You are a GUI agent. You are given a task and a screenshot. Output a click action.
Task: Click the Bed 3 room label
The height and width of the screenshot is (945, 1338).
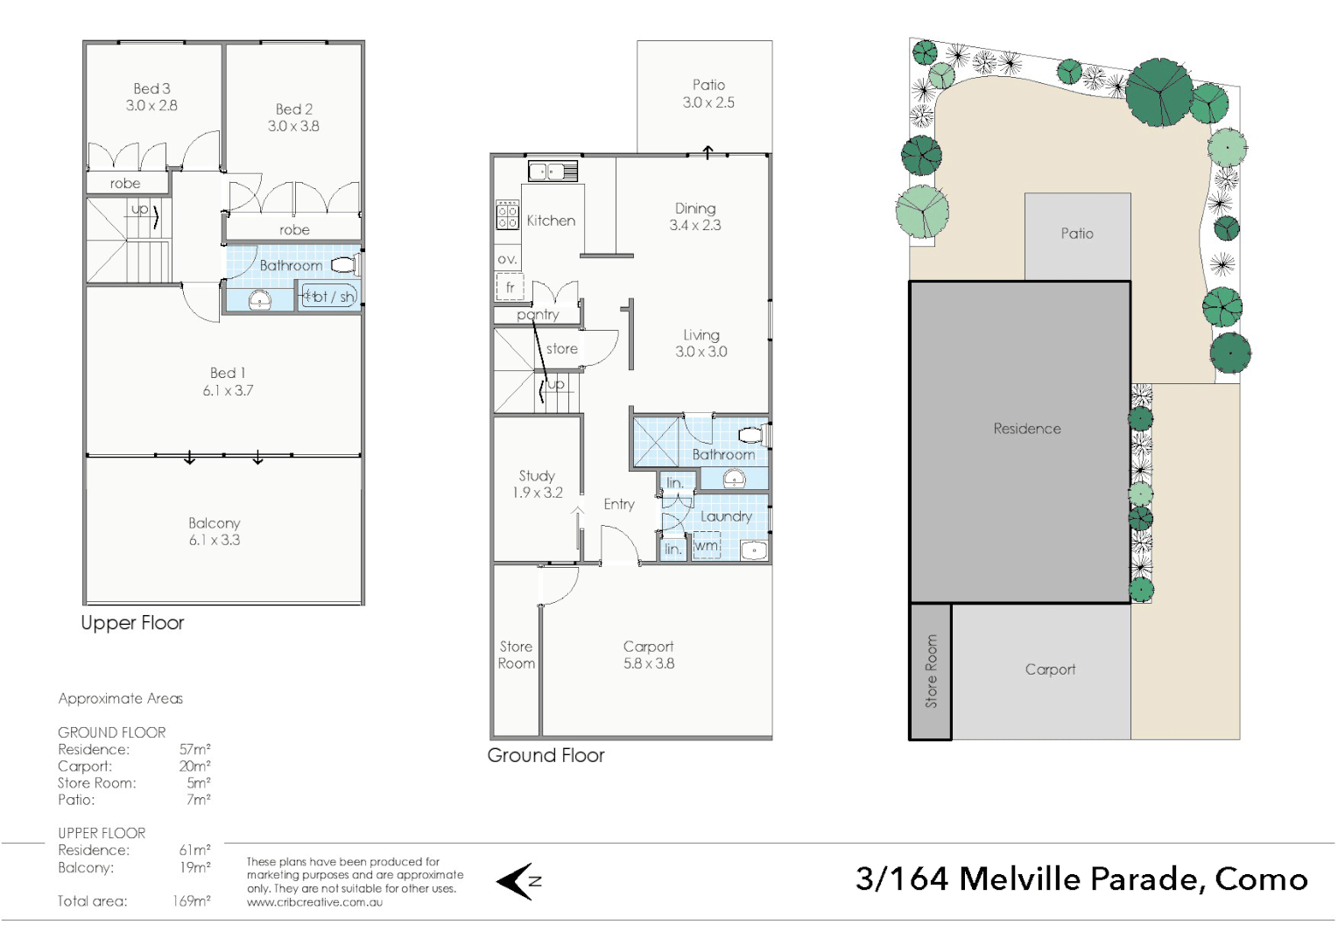151,88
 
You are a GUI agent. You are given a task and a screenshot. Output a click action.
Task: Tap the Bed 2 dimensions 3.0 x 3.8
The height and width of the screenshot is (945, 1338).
293,126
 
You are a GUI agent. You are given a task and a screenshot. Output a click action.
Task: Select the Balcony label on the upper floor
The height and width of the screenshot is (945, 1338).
214,523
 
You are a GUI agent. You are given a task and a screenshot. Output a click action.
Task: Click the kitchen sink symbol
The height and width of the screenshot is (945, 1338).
553,171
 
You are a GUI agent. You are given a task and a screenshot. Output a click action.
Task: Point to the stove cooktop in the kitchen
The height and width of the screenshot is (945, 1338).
507,214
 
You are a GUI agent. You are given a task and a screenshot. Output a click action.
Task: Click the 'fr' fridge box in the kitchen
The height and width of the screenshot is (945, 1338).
510,287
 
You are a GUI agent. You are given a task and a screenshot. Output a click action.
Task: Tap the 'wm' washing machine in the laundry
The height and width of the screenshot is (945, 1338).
706,547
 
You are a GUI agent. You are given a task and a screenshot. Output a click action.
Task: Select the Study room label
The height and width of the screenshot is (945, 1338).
537,476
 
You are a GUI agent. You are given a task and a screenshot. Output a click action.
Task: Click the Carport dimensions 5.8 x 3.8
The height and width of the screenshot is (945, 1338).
649,663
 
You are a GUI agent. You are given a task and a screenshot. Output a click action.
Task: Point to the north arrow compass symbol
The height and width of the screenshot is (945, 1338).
520,881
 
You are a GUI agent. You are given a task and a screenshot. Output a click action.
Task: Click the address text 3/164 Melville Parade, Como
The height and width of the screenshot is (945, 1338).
1081,878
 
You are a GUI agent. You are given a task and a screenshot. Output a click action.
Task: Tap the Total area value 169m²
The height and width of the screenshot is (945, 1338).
191,901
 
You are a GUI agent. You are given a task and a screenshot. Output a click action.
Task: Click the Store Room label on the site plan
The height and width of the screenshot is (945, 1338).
931,671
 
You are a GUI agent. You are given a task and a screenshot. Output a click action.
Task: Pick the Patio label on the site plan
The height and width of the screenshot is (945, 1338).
1077,234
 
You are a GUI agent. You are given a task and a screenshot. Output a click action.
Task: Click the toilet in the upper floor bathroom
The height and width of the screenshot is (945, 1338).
346,264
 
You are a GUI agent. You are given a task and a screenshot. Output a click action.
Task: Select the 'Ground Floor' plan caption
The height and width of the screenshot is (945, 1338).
546,755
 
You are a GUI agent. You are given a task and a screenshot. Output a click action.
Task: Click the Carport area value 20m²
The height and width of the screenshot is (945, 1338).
194,766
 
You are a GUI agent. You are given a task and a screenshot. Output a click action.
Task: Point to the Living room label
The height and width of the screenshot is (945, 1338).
701,335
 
